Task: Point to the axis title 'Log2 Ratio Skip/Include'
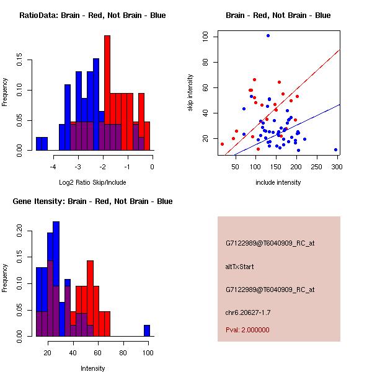tap(92, 182)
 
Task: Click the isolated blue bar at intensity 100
tap(147, 330)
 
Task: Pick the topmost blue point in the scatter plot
tap(268, 35)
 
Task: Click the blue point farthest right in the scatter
tap(335, 149)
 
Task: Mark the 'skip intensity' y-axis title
tap(190, 93)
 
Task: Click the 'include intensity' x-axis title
tap(278, 182)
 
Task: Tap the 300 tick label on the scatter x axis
tap(337, 166)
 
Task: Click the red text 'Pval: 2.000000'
tap(247, 330)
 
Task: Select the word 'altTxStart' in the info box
tap(240, 267)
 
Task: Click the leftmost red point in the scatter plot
tap(222, 144)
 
